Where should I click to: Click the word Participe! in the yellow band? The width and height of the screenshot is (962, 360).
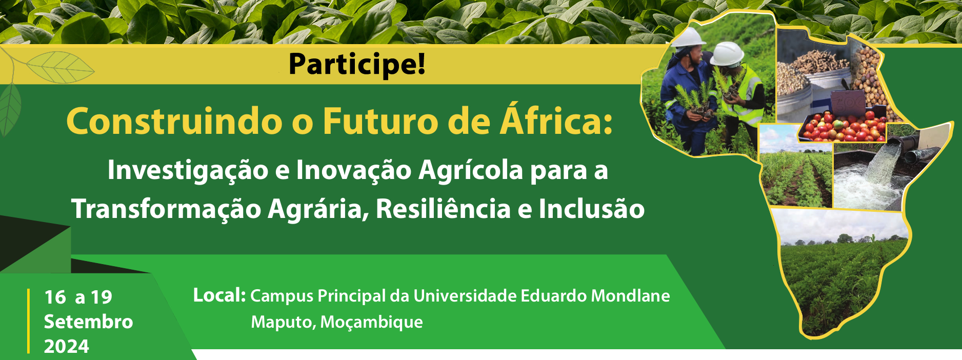click(357, 64)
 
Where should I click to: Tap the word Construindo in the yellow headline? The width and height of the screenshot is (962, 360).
click(174, 122)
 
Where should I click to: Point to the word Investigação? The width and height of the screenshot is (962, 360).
click(188, 171)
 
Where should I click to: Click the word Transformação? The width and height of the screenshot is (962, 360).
click(166, 209)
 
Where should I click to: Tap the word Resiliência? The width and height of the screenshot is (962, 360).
click(444, 209)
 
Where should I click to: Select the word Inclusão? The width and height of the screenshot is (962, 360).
click(591, 209)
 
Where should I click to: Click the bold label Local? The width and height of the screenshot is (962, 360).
click(219, 295)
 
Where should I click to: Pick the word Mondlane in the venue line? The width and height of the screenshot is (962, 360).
click(630, 296)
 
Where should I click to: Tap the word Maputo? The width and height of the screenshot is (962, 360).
click(283, 323)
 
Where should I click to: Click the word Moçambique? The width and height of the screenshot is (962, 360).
click(372, 323)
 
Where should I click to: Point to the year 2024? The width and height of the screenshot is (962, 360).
click(67, 347)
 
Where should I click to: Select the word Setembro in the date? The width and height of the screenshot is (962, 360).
click(88, 322)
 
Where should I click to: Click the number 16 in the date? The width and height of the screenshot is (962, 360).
click(55, 297)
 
